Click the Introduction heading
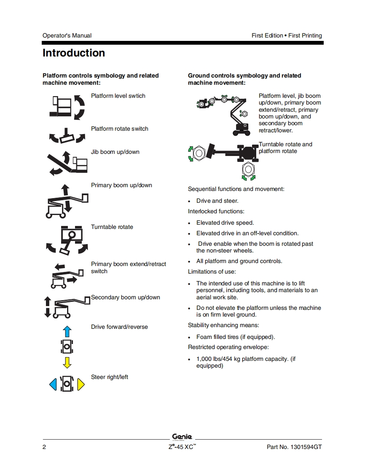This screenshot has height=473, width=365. pos(74,53)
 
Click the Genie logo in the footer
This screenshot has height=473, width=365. pos(182,437)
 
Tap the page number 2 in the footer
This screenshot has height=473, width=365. pos(44,447)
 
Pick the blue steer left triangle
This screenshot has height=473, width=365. pos(53,384)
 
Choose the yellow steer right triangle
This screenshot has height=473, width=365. pos(81,384)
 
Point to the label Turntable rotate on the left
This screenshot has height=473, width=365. pos(112,227)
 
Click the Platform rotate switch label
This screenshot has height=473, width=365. pos(120,129)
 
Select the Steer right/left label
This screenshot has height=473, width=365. pos(110,377)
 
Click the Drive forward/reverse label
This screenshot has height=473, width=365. pos(119,327)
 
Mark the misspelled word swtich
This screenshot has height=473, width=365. pos(136,96)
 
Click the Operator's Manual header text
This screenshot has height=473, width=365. pos(67,35)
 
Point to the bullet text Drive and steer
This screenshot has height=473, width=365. pos(217,201)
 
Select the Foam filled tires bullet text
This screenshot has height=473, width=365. pos(235,337)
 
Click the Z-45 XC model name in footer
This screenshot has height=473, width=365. pos(180,447)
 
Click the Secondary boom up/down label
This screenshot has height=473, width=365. pos(126,297)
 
